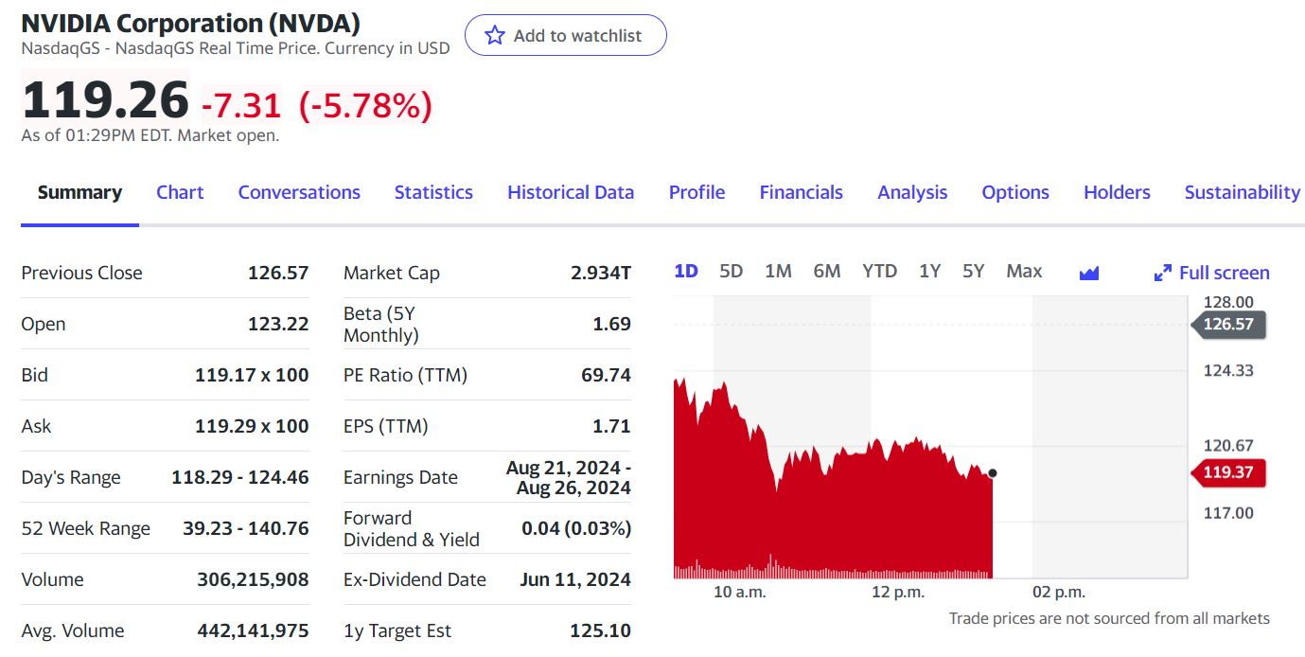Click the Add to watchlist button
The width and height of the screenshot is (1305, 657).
[565, 36]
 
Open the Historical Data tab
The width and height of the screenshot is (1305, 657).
[571, 192]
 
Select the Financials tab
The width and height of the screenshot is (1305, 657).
[801, 192]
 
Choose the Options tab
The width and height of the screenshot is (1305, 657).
[1015, 192]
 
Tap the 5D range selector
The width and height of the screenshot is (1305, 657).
[731, 272]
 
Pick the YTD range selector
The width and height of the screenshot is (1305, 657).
[879, 272]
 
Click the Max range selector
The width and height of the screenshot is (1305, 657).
[1024, 272]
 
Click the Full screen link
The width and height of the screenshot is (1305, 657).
[1212, 273]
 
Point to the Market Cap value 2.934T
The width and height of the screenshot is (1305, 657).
[601, 273]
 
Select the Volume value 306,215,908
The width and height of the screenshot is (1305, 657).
[253, 579]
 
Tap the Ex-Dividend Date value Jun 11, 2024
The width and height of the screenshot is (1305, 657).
[575, 579]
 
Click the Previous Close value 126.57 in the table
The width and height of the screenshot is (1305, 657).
[278, 273]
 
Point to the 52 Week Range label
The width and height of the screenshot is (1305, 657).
[85, 528]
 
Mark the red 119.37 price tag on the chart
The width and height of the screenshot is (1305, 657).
[1227, 471]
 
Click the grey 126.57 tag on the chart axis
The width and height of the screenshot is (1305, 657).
[1227, 325]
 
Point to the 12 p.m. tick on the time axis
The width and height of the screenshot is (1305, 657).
[897, 593]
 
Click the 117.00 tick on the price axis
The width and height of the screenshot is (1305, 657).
[1228, 513]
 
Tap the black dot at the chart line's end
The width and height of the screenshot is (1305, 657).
[992, 472]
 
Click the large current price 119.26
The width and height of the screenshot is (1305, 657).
[105, 100]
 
